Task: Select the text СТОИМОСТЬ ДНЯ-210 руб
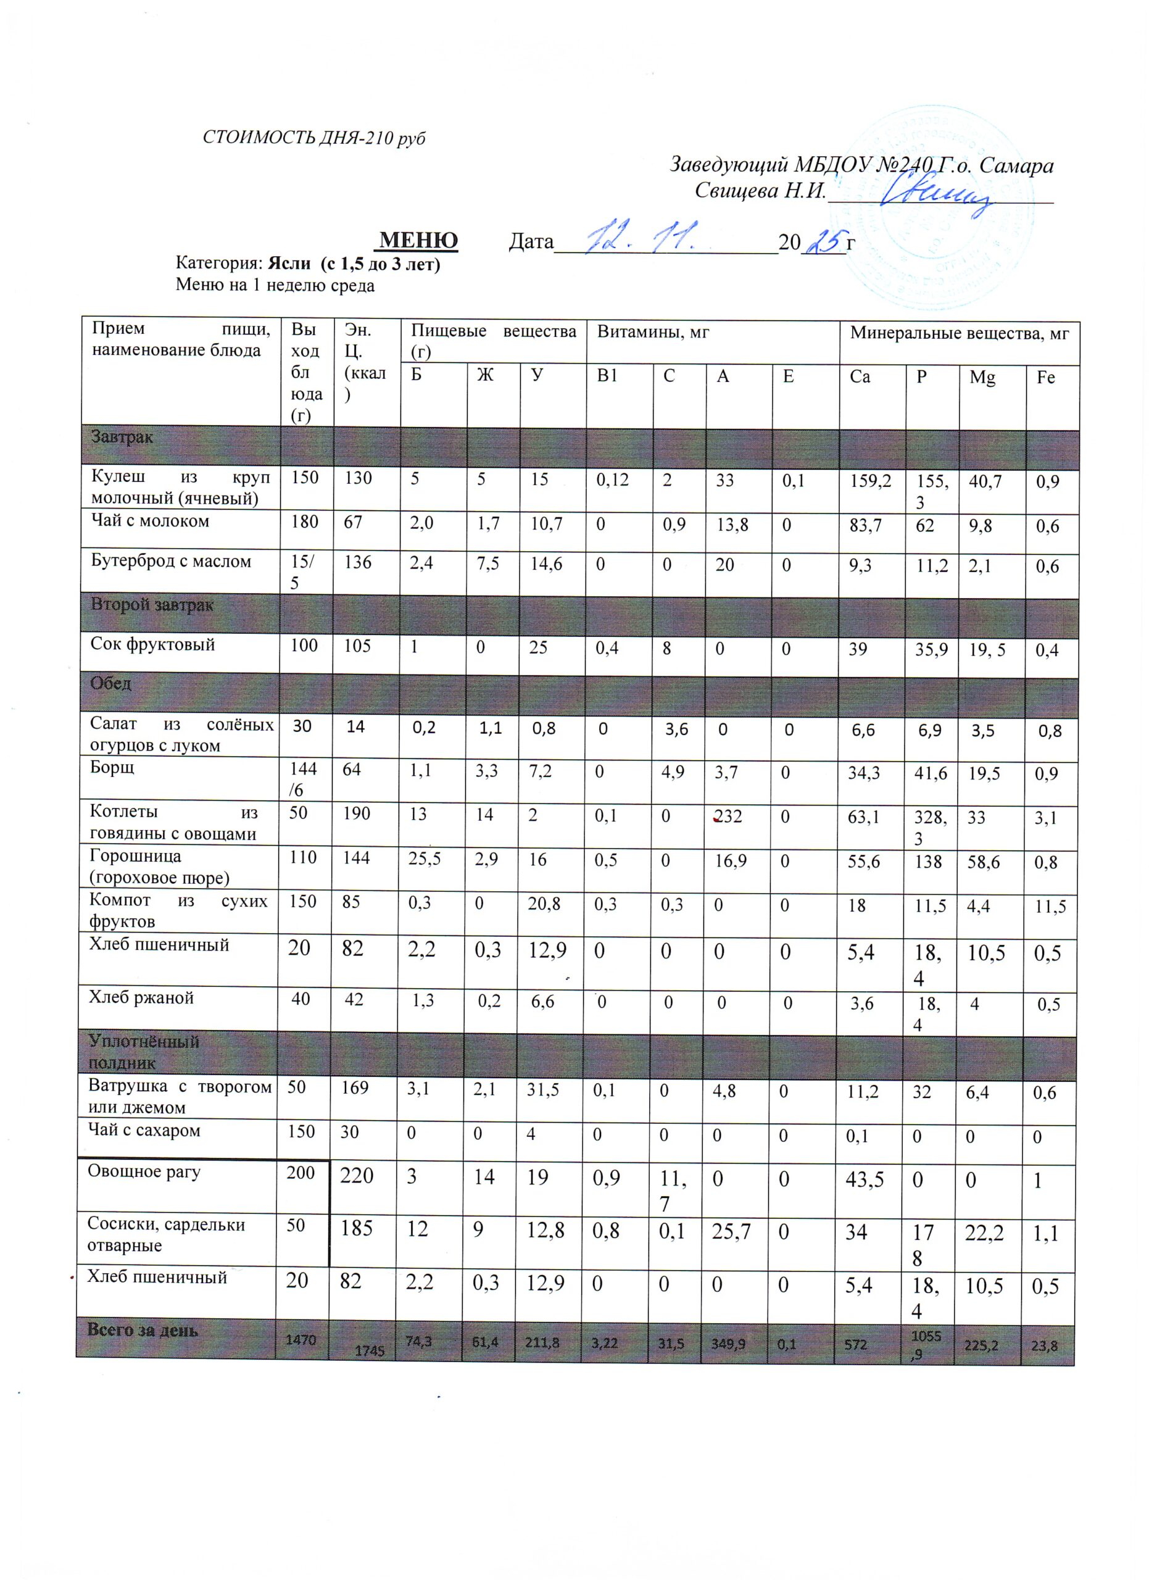pos(313,137)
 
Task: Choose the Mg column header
pos(982,378)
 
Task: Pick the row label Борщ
pos(112,768)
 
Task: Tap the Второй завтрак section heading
pos(152,605)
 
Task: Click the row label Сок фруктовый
pos(152,644)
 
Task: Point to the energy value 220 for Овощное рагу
pos(357,1176)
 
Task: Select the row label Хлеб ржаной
pos(141,997)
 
